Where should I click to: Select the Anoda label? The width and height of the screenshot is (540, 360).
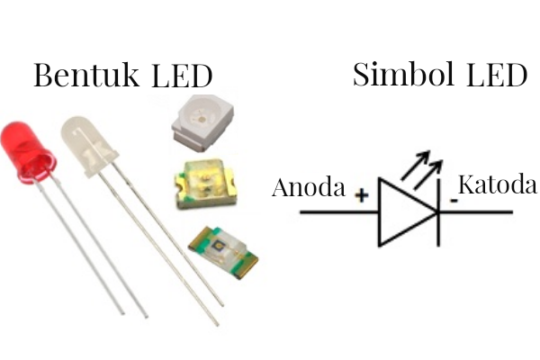309,188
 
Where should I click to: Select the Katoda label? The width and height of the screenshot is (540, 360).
497,186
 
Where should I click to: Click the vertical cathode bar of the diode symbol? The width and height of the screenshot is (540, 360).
436,212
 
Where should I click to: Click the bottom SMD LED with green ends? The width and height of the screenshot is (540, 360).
221,249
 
